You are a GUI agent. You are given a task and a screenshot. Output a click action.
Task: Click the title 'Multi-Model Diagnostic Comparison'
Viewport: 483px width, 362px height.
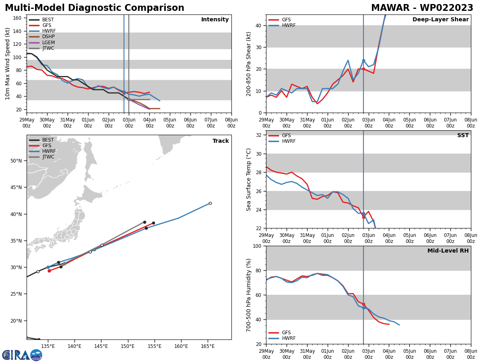point(95,8)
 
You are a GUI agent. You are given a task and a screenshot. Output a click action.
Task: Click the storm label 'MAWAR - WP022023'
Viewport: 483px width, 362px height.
point(422,8)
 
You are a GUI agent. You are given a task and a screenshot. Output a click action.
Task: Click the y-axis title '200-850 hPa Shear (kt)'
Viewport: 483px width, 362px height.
point(249,64)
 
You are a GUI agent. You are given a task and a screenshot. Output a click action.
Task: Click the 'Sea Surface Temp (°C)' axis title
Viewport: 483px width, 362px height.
point(249,179)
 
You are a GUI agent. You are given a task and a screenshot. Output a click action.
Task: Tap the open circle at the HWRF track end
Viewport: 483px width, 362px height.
point(210,203)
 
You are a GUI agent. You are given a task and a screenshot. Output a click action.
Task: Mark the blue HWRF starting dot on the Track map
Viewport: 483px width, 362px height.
point(48,267)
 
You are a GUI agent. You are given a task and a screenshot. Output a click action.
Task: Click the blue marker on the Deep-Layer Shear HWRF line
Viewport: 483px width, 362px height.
point(363,61)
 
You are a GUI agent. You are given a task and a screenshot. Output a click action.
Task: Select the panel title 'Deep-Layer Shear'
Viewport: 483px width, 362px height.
point(440,20)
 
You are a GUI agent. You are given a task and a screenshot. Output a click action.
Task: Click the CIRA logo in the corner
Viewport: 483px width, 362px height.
point(22,355)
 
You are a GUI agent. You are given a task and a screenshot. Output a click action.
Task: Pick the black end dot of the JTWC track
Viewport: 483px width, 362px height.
point(144,222)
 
